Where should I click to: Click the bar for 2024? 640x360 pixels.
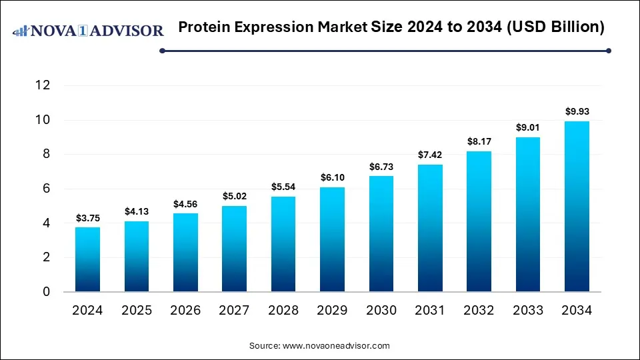tap(87, 259)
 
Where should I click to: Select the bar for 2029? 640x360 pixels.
tap(333, 239)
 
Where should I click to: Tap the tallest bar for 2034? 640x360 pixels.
tap(577, 206)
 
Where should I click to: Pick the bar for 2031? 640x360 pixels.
tap(430, 228)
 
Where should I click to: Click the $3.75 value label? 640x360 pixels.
tap(87, 217)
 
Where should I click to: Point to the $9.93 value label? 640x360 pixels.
tap(577, 111)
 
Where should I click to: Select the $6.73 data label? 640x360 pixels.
tap(381, 166)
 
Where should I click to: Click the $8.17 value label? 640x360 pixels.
tap(479, 141)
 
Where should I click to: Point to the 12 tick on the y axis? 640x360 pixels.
tap(43, 85)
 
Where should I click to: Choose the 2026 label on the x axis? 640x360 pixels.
tap(185, 311)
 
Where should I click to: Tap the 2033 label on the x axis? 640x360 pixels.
tap(528, 311)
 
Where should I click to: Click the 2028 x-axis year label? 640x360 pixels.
tap(283, 311)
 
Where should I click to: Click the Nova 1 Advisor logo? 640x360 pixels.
tap(88, 31)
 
